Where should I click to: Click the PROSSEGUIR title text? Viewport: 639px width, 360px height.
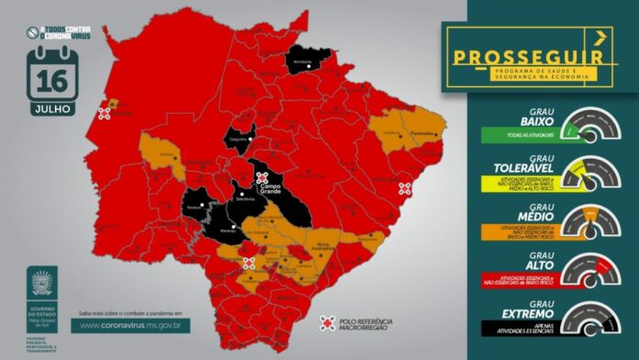pyautogui.click(x=524, y=56)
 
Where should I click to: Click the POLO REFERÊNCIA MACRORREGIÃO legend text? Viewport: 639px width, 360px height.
pyautogui.click(x=367, y=323)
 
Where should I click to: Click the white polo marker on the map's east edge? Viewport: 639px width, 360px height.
pyautogui.click(x=405, y=189)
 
